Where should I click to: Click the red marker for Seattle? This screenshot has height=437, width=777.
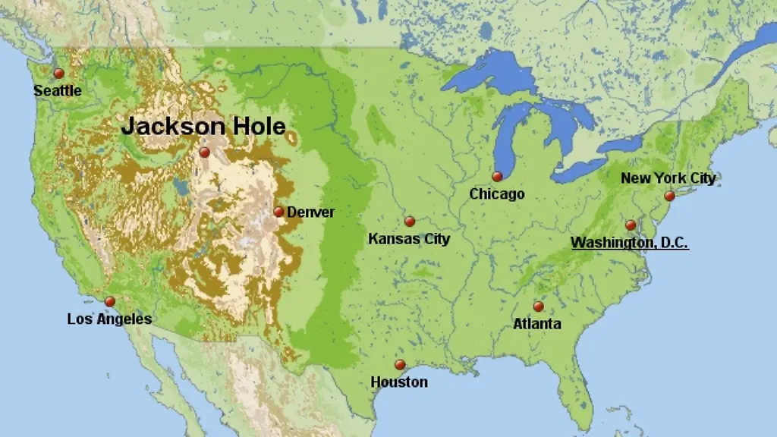pyautogui.click(x=58, y=74)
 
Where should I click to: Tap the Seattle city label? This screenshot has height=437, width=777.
pyautogui.click(x=57, y=91)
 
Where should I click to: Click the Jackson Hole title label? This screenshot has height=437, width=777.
pyautogui.click(x=203, y=126)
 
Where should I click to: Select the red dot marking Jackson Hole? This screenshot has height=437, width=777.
pyautogui.click(x=204, y=152)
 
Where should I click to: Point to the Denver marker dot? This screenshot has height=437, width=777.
pyautogui.click(x=278, y=212)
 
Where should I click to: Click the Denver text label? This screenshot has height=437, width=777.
pyautogui.click(x=310, y=212)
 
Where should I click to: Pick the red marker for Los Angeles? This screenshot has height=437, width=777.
pyautogui.click(x=110, y=301)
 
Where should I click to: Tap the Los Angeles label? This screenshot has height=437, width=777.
pyautogui.click(x=109, y=319)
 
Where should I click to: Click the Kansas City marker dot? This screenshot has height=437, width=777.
pyautogui.click(x=410, y=222)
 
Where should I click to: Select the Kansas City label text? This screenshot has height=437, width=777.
pyautogui.click(x=409, y=239)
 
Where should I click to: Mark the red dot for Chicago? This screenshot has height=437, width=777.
pyautogui.click(x=497, y=176)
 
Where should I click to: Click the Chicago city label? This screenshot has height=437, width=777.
pyautogui.click(x=497, y=194)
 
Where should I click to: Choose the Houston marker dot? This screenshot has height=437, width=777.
pyautogui.click(x=400, y=365)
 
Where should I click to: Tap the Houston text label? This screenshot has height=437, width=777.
pyautogui.click(x=399, y=382)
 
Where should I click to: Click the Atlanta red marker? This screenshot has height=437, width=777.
pyautogui.click(x=538, y=307)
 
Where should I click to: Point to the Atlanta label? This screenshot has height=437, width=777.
pyautogui.click(x=537, y=324)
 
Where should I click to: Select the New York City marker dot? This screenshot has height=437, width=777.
pyautogui.click(x=669, y=196)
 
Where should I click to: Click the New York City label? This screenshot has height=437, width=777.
pyautogui.click(x=668, y=178)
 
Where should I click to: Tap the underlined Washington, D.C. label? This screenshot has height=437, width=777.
pyautogui.click(x=630, y=243)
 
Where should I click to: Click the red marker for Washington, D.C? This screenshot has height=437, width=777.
pyautogui.click(x=631, y=225)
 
